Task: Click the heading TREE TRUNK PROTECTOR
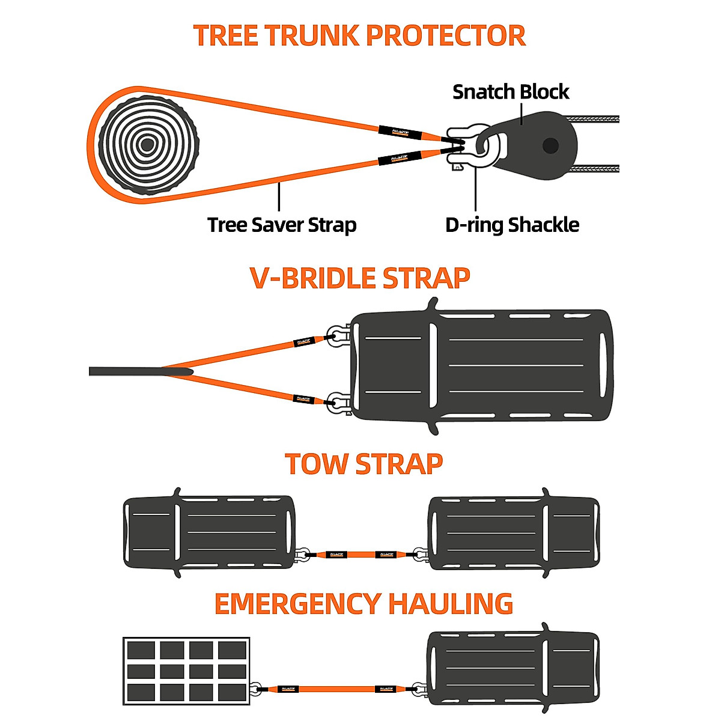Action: pyautogui.click(x=359, y=36)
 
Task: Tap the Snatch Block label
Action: pyautogui.click(x=511, y=92)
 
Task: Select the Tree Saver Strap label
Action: pyautogui.click(x=282, y=225)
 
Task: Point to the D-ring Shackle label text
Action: pyautogui.click(x=512, y=225)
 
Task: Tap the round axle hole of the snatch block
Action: pyautogui.click(x=550, y=146)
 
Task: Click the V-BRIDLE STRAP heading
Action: pyautogui.click(x=359, y=278)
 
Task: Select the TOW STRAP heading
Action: pyautogui.click(x=364, y=464)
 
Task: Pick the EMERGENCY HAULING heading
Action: pyautogui.click(x=364, y=604)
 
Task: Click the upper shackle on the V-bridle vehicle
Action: pyautogui.click(x=338, y=335)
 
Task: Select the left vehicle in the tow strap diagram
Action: pyautogui.click(x=209, y=532)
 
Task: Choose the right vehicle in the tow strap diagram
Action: pyautogui.click(x=514, y=532)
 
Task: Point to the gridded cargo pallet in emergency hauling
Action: pyautogui.click(x=186, y=671)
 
